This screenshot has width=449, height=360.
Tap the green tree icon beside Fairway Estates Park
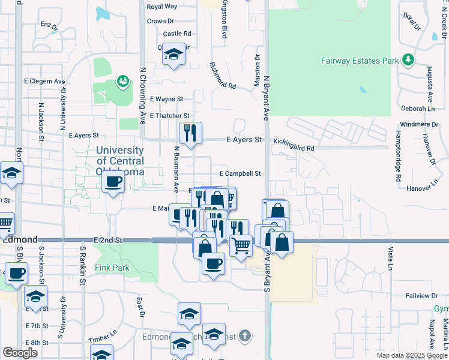click(408, 60)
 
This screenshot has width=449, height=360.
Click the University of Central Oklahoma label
click(120, 161)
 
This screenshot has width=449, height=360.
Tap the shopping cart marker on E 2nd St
click(241, 244)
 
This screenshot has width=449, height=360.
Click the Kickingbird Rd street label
click(294, 148)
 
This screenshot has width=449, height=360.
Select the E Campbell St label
click(241, 173)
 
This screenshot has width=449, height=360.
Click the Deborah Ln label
click(418, 109)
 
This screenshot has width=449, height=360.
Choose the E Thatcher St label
click(170, 115)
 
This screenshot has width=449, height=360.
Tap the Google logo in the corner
click(20, 353)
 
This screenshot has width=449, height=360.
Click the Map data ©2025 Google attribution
click(412, 355)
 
